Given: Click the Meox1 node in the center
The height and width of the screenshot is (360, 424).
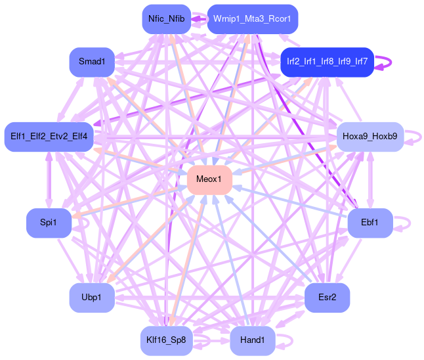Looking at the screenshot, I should [x=210, y=179].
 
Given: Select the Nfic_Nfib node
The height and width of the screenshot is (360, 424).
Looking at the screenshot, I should [x=166, y=19].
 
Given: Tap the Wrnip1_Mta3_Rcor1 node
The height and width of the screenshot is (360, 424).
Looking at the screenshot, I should [x=252, y=19].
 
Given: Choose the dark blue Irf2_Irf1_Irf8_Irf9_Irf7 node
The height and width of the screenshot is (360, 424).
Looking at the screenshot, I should [x=326, y=62].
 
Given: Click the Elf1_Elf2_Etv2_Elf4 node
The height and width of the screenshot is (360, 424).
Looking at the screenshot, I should [x=49, y=137].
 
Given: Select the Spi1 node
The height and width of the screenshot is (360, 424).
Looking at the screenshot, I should [x=47, y=223].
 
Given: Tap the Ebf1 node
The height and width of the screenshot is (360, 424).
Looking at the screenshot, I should [x=370, y=223].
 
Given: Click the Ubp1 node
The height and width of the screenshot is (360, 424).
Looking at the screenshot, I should [x=93, y=298].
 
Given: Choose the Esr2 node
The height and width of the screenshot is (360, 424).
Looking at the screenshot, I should [x=327, y=298].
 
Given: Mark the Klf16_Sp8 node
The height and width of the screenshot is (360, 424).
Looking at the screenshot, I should [x=167, y=340].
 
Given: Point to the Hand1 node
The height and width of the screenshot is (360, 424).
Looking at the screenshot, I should [x=253, y=340].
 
